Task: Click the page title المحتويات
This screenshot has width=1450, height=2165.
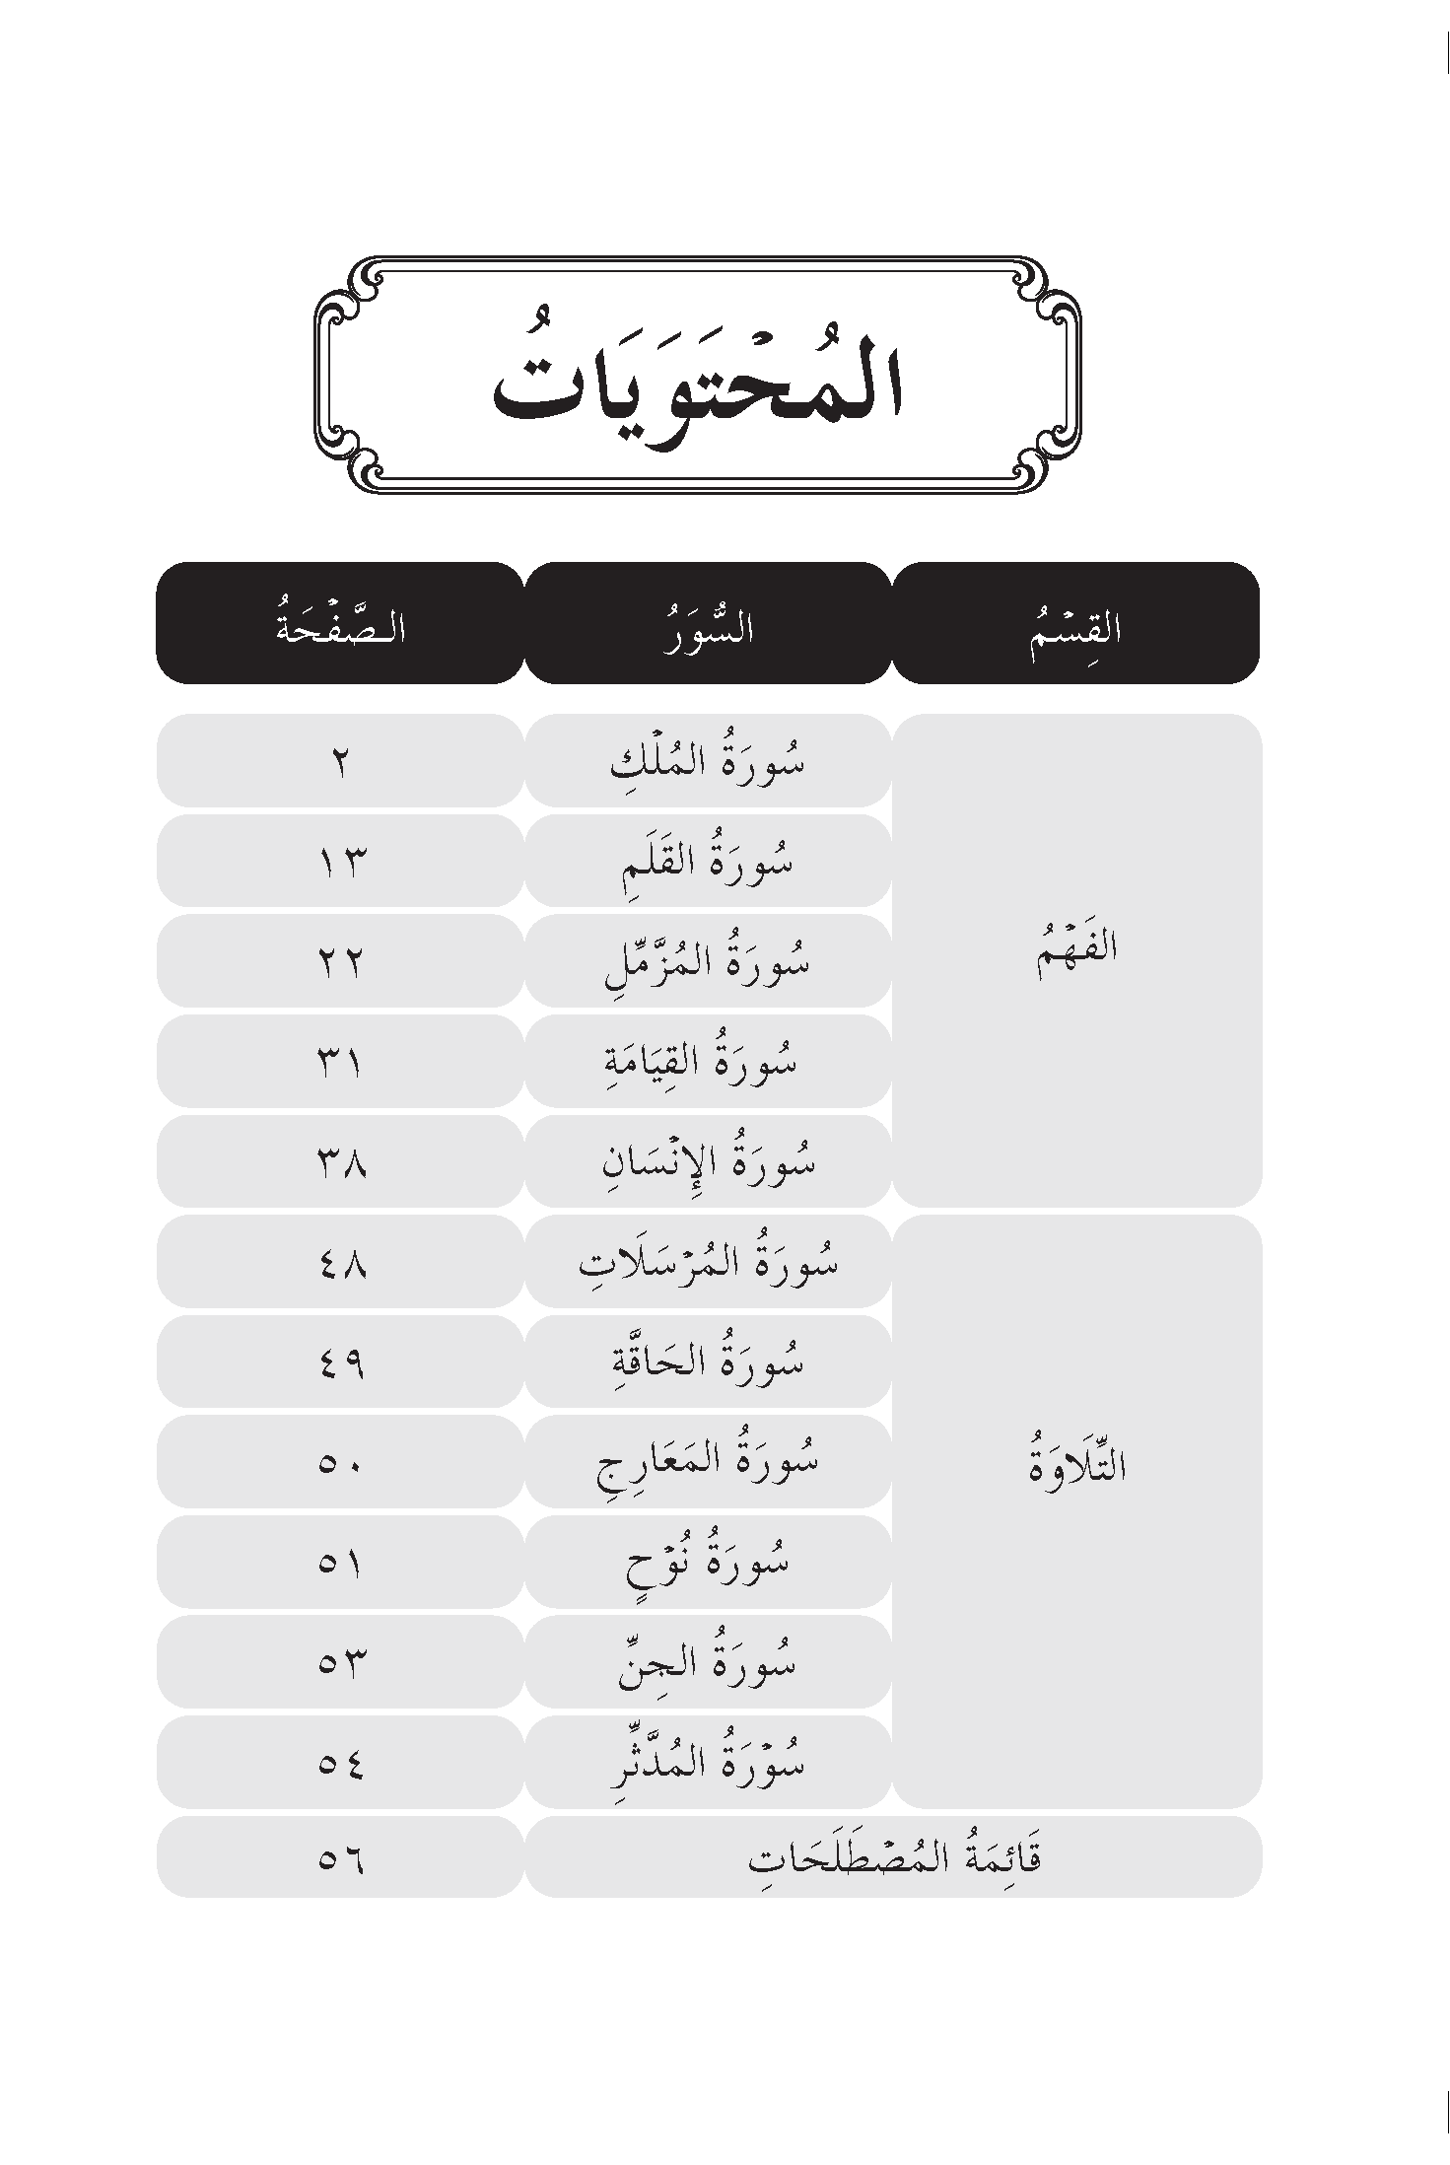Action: tap(697, 380)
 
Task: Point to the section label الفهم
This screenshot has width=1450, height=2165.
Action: tap(1076, 951)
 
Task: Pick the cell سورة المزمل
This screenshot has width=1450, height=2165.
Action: tap(707, 962)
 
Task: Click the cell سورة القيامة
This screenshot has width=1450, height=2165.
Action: tap(707, 1062)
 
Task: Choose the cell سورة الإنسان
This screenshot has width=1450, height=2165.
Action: tap(707, 1162)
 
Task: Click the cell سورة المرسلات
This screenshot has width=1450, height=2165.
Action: tap(707, 1262)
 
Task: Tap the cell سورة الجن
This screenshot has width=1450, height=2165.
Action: tap(707, 1662)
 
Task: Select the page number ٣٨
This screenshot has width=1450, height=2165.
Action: tap(341, 1162)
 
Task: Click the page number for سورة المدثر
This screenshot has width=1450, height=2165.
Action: tap(341, 1762)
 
